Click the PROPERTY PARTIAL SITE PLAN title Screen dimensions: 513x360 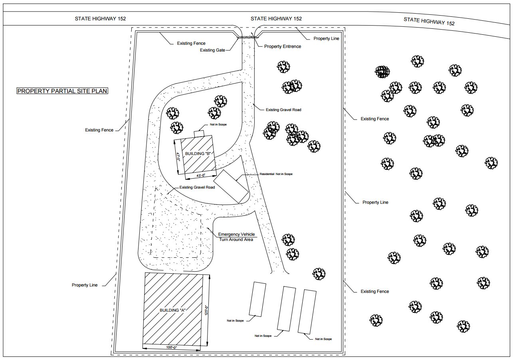[x=62, y=91]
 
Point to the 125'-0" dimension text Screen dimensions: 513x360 [x=206, y=310]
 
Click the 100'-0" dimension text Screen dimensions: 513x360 [x=172, y=348]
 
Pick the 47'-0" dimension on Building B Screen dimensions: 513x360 [x=178, y=157]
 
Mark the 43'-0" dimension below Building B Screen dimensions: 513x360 [x=201, y=175]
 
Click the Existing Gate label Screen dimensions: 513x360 [x=212, y=50]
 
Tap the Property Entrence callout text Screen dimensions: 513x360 [x=283, y=46]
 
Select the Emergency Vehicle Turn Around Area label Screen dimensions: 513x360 [x=236, y=237]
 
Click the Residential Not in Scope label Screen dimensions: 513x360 [x=276, y=174]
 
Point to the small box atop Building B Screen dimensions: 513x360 [x=199, y=134]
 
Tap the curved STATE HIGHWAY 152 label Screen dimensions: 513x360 [x=429, y=21]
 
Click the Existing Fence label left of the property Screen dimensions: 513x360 [x=99, y=130]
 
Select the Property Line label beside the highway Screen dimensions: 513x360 [x=326, y=38]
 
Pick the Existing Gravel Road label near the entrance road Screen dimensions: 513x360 [x=283, y=110]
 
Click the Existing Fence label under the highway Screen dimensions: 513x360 [x=191, y=43]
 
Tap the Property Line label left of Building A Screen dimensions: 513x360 [x=85, y=285]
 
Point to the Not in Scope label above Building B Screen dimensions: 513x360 [x=218, y=124]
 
